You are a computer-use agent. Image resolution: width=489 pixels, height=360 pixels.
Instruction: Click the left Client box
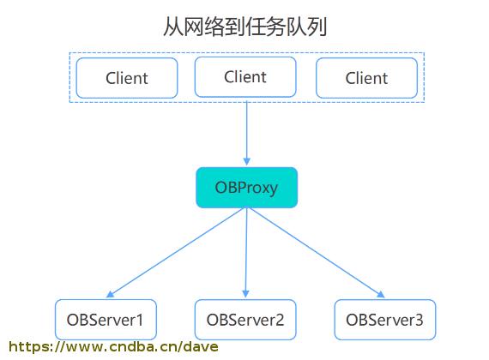click(127, 78)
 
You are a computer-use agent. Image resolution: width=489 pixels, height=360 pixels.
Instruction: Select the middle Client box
click(245, 77)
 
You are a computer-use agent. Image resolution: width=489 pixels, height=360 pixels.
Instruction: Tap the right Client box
click(367, 78)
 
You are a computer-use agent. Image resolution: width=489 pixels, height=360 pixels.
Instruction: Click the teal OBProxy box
click(247, 188)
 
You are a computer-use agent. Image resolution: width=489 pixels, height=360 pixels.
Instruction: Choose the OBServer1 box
click(106, 320)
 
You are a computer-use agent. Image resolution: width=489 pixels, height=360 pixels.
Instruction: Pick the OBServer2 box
click(245, 320)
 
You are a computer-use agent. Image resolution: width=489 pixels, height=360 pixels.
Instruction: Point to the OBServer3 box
click(385, 320)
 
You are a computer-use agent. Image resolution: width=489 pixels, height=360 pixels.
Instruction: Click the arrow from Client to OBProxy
click(247, 133)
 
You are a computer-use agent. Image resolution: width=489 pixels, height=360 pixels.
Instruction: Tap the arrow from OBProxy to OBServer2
click(246, 253)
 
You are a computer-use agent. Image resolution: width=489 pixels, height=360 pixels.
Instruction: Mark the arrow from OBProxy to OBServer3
click(317, 253)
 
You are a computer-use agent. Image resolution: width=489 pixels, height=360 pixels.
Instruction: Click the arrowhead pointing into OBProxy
click(247, 161)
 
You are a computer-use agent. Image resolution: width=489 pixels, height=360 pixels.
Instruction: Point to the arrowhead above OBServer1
click(111, 294)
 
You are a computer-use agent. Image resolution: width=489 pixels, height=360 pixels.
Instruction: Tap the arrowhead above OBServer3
click(381, 294)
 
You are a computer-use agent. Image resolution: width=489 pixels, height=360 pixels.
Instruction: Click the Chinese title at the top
click(245, 27)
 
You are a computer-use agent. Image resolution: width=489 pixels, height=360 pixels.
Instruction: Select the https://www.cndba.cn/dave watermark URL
click(113, 346)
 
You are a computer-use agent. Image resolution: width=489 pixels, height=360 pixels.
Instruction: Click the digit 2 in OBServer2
click(280, 320)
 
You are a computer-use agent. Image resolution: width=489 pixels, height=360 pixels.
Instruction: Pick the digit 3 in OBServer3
click(419, 320)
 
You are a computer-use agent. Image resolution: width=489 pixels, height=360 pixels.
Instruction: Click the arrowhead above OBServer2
click(245, 294)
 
